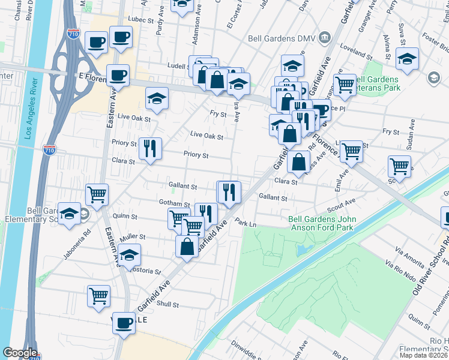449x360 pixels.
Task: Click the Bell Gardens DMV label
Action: [283, 38]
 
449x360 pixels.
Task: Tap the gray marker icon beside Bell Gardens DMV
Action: [325, 37]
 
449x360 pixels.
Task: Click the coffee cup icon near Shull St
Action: [124, 322]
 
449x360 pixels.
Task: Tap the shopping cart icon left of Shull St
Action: [99, 295]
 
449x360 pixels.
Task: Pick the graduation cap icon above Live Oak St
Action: [157, 98]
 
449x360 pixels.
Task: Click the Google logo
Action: [20, 353]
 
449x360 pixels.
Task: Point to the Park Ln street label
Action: [246, 223]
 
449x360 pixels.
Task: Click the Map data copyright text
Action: [424, 355]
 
